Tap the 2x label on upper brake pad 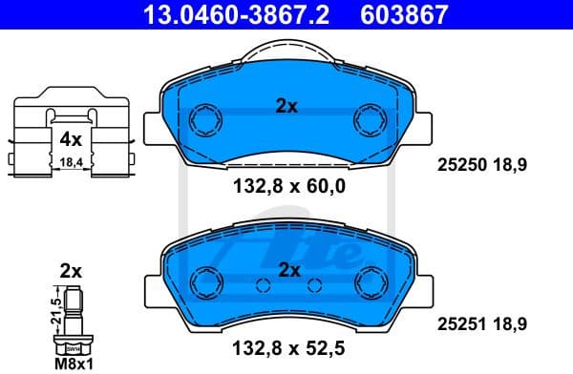(286, 107)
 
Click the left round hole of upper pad (204, 119)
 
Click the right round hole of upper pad (369, 119)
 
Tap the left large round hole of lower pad (204, 281)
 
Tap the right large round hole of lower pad (369, 281)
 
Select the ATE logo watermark (315, 253)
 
